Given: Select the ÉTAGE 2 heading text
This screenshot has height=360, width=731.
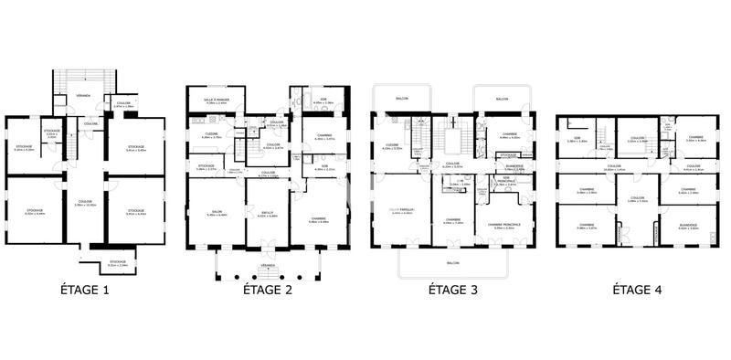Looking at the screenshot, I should [x=268, y=291].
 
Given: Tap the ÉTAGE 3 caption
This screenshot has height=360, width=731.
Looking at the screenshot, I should [x=454, y=291].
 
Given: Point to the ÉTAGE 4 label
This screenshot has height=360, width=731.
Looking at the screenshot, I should [x=637, y=291].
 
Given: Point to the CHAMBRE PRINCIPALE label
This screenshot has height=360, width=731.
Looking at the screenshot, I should [x=504, y=223].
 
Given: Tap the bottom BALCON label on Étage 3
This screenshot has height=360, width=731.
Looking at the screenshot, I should [x=453, y=260].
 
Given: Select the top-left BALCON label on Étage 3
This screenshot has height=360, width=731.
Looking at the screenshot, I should [x=403, y=99].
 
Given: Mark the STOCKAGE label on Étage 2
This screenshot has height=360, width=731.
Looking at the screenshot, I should [x=207, y=166].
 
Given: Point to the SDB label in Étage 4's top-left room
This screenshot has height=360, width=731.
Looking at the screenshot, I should [x=577, y=138].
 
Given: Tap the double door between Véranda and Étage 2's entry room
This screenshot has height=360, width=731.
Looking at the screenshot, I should [x=268, y=249].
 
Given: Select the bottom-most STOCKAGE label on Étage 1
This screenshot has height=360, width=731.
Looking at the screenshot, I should [x=119, y=261].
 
